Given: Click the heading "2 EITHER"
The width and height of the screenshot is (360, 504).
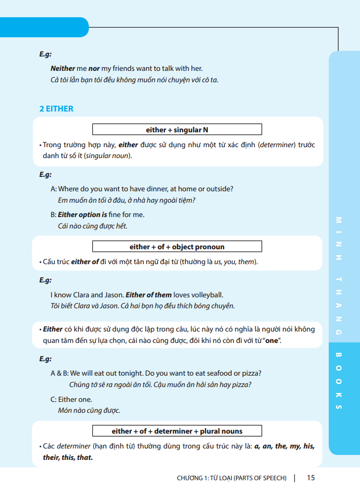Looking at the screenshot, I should click(56, 109).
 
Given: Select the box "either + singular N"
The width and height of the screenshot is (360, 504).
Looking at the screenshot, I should click(177, 130).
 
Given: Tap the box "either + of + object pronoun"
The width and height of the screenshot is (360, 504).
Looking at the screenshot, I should click(177, 247).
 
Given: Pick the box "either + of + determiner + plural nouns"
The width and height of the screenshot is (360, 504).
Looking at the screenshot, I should click(177, 431).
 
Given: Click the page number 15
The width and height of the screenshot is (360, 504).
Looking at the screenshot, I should click(311, 478).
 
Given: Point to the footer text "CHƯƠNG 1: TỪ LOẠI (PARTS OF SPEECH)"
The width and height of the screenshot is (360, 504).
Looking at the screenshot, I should click(232, 478).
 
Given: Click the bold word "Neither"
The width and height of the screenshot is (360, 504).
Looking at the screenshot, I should click(62, 69).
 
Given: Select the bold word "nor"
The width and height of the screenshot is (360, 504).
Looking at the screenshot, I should click(94, 69).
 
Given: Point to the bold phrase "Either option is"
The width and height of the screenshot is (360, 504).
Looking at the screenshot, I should click(82, 215).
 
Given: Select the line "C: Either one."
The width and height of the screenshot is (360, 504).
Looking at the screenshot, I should click(71, 399).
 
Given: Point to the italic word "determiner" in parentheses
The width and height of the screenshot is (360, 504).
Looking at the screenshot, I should click(278, 145).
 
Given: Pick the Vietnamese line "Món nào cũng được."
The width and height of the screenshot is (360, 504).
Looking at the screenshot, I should click(89, 410).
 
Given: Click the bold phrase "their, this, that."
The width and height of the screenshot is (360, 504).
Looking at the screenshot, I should click(68, 457).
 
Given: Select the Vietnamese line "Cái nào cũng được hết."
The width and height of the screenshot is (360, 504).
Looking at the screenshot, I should click(93, 226).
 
